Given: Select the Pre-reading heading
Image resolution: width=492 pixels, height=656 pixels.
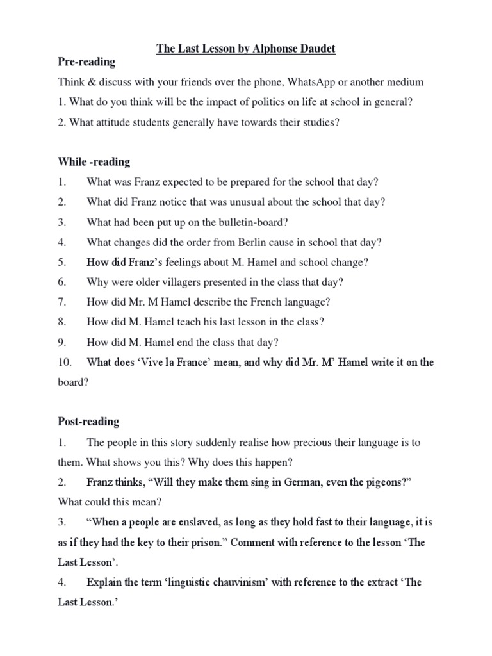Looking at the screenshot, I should point(87,62).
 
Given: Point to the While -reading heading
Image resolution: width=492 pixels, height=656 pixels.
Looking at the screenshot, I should point(94,162).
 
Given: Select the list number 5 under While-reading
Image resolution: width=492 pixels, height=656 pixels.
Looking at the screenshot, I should point(62,262).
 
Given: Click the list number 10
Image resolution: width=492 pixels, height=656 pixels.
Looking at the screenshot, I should point(65,362).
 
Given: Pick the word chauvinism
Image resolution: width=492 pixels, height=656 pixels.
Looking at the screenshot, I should point(225,582).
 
